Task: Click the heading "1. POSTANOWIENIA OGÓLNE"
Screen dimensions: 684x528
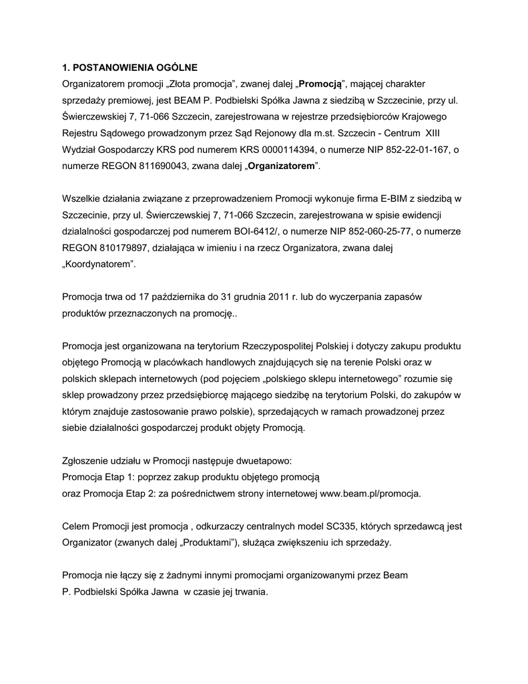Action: coord(129,68)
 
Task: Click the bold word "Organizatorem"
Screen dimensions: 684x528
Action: coord(280,166)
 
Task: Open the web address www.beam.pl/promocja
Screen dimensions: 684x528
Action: coord(370,494)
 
